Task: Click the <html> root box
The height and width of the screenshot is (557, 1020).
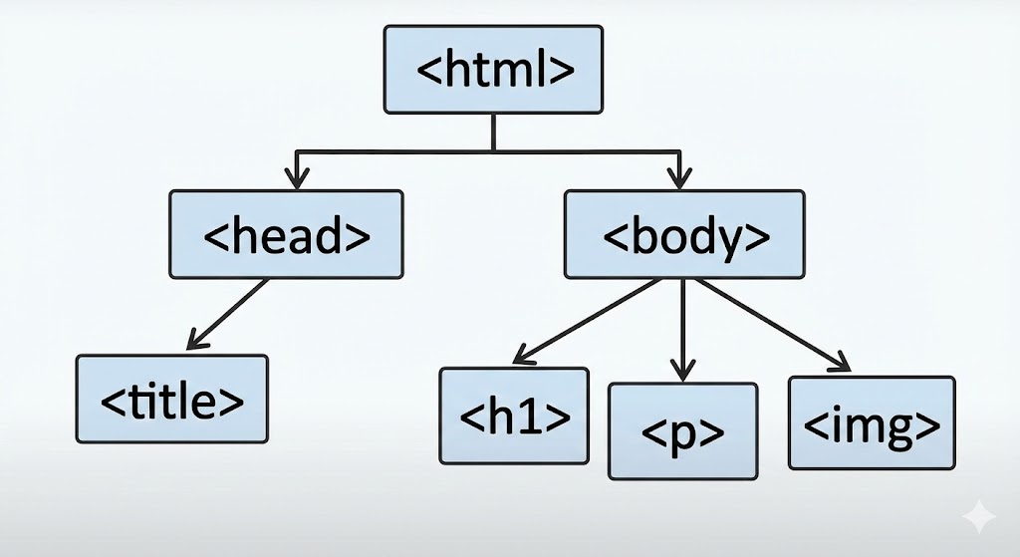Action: pos(493,69)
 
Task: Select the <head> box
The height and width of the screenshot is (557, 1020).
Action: pos(286,234)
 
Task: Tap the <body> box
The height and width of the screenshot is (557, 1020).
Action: pos(684,234)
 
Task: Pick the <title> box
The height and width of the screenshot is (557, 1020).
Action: pos(172,399)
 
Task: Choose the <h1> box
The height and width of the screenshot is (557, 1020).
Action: pos(514,416)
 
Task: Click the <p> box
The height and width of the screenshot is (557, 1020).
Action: pos(682,431)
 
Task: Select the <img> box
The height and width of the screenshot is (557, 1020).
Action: pos(871,422)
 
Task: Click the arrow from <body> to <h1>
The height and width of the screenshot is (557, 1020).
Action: pos(588,321)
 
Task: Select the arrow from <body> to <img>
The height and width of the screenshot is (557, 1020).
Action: pos(769,323)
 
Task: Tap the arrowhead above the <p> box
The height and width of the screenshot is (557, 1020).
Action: pos(682,371)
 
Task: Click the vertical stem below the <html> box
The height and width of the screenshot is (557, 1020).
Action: pos(493,132)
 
